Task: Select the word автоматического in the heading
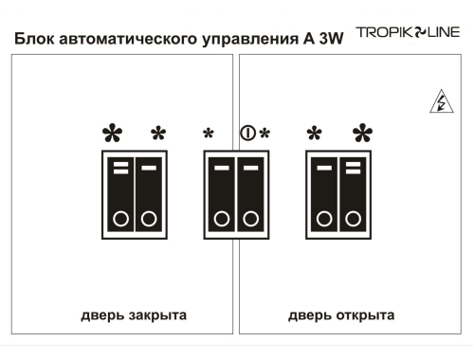[x=118, y=43]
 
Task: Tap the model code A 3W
[x=322, y=43]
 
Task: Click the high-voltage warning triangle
[x=440, y=103]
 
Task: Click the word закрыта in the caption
[x=156, y=315]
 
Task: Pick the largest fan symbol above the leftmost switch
[x=113, y=134]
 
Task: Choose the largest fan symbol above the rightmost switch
[x=363, y=134]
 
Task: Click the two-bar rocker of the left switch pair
[x=120, y=196]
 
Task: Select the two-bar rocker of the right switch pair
[x=352, y=196]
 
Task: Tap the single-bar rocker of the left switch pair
[x=148, y=196]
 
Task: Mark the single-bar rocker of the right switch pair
[x=324, y=196]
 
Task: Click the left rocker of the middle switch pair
[x=222, y=196]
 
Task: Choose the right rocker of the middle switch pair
[x=250, y=196]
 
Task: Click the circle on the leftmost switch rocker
[x=120, y=219]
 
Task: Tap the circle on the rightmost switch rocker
[x=352, y=219]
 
